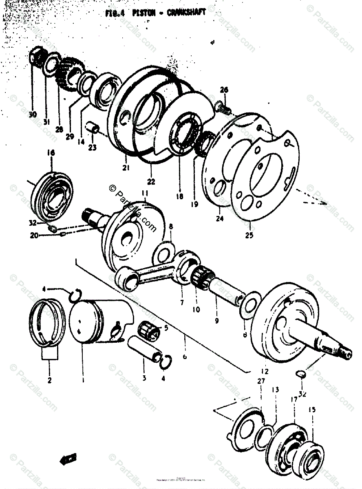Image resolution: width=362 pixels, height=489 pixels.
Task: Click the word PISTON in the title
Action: point(142,13)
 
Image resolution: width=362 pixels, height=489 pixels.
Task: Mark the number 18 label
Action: point(180,196)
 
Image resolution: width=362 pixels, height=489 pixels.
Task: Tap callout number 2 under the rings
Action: point(49,381)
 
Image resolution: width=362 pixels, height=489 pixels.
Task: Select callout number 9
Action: point(217,321)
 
